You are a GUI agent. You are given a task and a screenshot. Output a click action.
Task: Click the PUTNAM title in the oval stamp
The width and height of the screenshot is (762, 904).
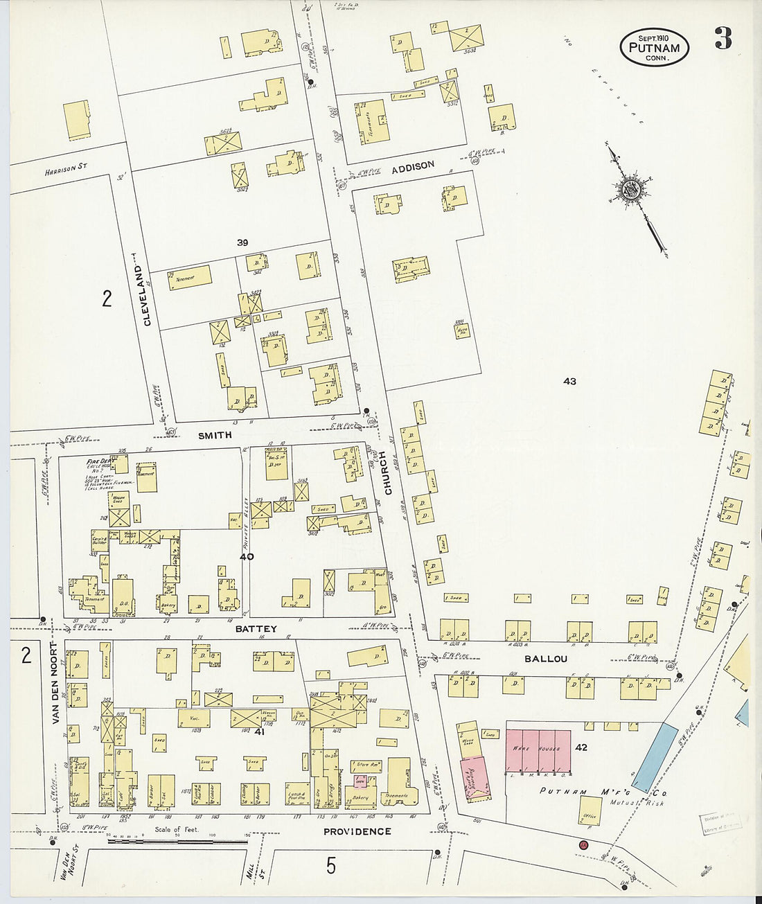click(654, 48)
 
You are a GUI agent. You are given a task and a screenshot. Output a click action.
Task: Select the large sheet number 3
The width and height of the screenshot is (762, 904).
click(723, 39)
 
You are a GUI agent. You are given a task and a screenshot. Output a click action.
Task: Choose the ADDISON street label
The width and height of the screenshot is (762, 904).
click(413, 167)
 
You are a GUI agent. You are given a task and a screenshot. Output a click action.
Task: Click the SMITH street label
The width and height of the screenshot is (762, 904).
click(215, 435)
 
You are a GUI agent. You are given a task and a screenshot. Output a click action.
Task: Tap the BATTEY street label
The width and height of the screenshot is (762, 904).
click(256, 629)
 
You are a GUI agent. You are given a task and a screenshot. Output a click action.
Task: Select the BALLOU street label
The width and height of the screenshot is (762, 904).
click(545, 659)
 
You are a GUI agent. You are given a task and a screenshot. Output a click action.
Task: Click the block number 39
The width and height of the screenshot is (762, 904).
click(242, 242)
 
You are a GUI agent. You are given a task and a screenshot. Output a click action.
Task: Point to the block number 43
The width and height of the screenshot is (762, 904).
click(569, 381)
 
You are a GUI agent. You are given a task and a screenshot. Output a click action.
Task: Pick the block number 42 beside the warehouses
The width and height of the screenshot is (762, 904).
click(581, 747)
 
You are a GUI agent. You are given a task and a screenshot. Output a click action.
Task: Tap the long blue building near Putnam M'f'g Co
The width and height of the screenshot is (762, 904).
click(655, 757)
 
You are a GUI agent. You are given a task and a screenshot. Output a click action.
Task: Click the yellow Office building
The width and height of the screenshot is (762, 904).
click(590, 808)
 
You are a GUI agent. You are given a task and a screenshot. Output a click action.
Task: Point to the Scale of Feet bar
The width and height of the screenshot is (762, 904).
click(178, 841)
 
